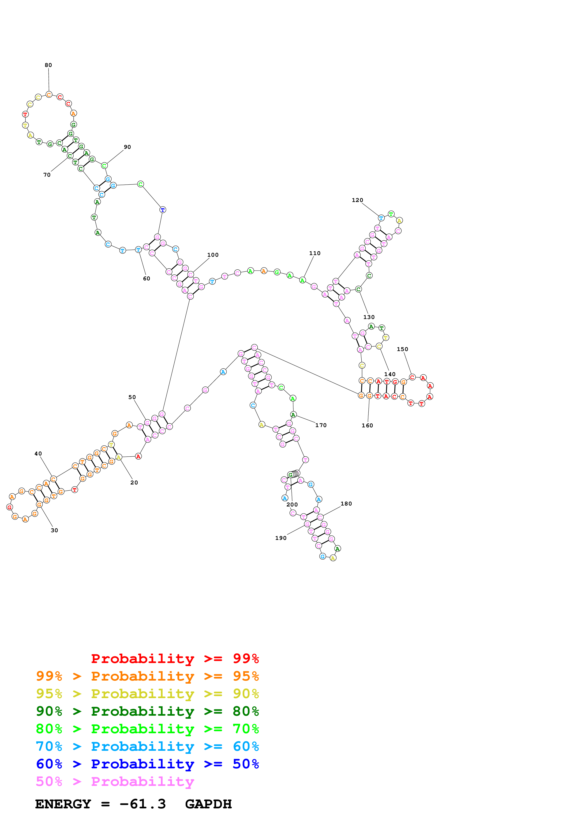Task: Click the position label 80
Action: pos(48,65)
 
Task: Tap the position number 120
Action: pos(357,200)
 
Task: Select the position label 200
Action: pos(292,505)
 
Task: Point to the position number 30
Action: pos(54,530)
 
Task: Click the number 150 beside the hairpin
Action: pos(402,349)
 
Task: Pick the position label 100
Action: pos(213,255)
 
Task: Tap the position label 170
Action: pos(321,425)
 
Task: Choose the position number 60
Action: pos(147,279)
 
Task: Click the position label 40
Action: pos(38,454)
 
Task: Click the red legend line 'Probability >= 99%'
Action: pos(175,659)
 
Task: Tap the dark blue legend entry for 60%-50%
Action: pos(147,764)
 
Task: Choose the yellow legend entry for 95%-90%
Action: pos(147,694)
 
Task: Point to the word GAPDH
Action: pos(208,804)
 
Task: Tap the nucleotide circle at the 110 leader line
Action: pos(303,280)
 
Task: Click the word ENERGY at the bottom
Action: pos(63,804)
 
